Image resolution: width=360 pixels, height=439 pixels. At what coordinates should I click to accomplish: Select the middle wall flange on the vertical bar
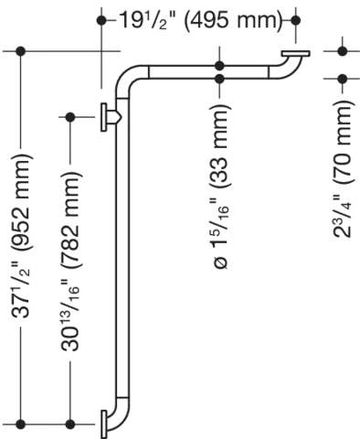tap(102, 116)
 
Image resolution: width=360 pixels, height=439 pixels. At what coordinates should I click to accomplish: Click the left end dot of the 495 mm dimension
tap(97, 17)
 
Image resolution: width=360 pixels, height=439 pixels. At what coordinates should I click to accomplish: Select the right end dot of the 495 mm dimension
tap(298, 17)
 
